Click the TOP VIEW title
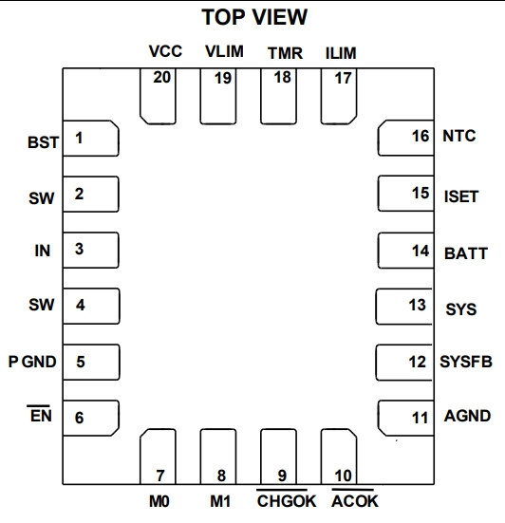254,17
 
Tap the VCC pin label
165,51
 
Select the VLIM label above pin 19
224,51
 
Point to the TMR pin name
285,53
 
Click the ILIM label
341,53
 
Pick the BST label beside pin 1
43,142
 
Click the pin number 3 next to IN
79,249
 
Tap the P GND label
32,362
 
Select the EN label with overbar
41,414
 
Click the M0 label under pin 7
159,501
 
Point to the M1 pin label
220,501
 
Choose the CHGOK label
286,499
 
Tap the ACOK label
355,499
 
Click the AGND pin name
467,416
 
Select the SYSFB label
466,362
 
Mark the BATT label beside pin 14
466,253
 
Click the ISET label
461,196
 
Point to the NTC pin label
459,136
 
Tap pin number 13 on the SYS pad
418,305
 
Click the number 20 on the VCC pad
161,78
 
